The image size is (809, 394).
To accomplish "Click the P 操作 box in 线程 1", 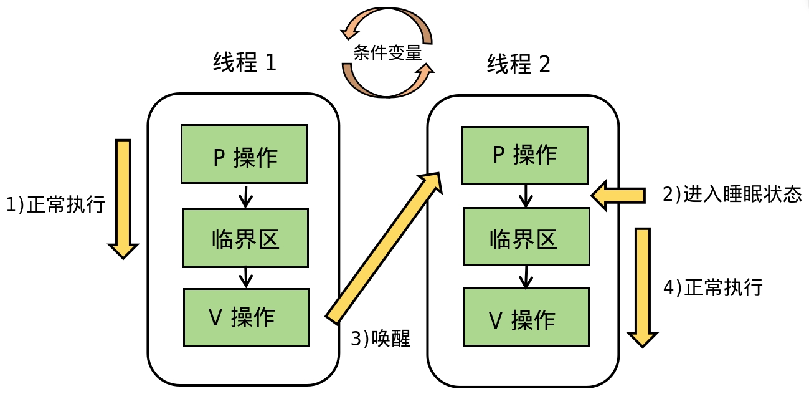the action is (x=244, y=154).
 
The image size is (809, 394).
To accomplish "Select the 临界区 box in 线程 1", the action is (x=245, y=238).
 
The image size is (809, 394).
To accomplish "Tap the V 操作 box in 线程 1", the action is (x=246, y=317).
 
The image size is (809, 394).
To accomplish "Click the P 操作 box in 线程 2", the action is (x=525, y=155).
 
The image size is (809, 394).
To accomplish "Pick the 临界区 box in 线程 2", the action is (x=527, y=237).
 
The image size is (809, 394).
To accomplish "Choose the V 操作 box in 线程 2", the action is (x=526, y=317).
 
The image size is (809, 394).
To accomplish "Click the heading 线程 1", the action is (x=245, y=62).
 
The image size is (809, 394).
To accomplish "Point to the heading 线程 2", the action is (x=519, y=64).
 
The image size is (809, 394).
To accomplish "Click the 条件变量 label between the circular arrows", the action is (x=387, y=53).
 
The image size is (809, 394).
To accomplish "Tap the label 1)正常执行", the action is (x=55, y=204).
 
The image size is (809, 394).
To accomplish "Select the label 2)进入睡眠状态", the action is (x=732, y=194).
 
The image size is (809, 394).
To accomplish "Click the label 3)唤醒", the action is (x=381, y=339).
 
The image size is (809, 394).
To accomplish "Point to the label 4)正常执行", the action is (x=713, y=288).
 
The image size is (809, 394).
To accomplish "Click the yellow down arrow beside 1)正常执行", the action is (x=123, y=199).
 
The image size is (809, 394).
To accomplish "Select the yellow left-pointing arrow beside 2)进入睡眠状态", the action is (x=618, y=195).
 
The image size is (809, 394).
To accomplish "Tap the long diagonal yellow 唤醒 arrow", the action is (x=384, y=247).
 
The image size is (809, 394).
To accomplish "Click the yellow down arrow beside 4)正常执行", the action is (x=643, y=287).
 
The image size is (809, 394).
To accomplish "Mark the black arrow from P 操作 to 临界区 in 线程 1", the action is (x=245, y=197).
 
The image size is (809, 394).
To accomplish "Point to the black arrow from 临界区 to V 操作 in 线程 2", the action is (x=526, y=277).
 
